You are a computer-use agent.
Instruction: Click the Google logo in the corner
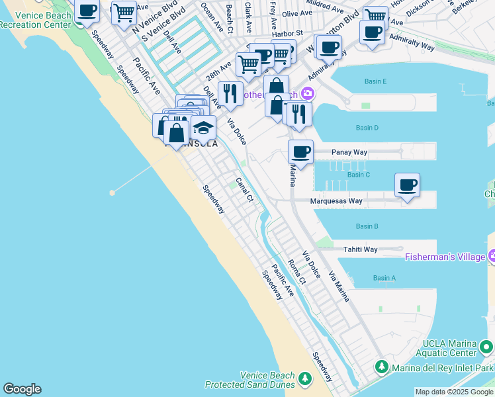point(22,389)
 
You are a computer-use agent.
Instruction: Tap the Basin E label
point(375,81)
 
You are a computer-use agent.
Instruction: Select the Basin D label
point(367,128)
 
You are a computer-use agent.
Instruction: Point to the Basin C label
point(359,175)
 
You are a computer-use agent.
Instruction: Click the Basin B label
point(367,226)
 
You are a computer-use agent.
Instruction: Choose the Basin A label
point(384,278)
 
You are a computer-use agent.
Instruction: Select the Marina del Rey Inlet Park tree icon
point(382,367)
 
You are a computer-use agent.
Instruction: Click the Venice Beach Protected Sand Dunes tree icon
point(305,378)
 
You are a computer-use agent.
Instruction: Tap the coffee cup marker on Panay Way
point(300,153)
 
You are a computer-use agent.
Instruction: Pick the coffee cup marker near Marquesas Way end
point(407,185)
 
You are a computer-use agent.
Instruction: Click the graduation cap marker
point(204,126)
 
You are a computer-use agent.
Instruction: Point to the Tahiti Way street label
point(360,249)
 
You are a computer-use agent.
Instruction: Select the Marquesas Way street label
point(337,201)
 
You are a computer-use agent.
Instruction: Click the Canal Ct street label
point(245,191)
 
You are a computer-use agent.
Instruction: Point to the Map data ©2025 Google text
point(455,392)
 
